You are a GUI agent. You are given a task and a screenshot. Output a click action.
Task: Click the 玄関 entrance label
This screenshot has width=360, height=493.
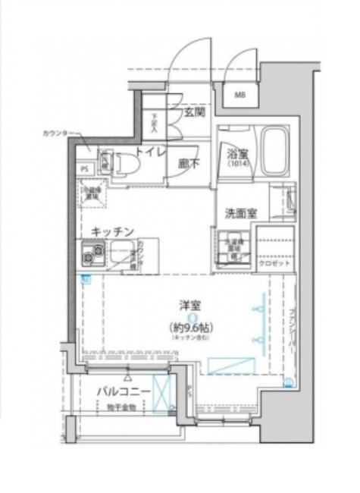pos(193,112)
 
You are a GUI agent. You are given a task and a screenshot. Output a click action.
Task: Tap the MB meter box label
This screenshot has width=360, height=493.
pos(239,95)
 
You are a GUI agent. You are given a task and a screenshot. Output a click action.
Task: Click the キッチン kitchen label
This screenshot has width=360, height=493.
pos(113,231)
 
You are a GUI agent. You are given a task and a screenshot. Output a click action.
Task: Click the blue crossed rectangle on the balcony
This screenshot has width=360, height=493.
pos(162,394)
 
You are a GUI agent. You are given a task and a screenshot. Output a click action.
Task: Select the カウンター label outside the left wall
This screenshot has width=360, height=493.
pos(55,133)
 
